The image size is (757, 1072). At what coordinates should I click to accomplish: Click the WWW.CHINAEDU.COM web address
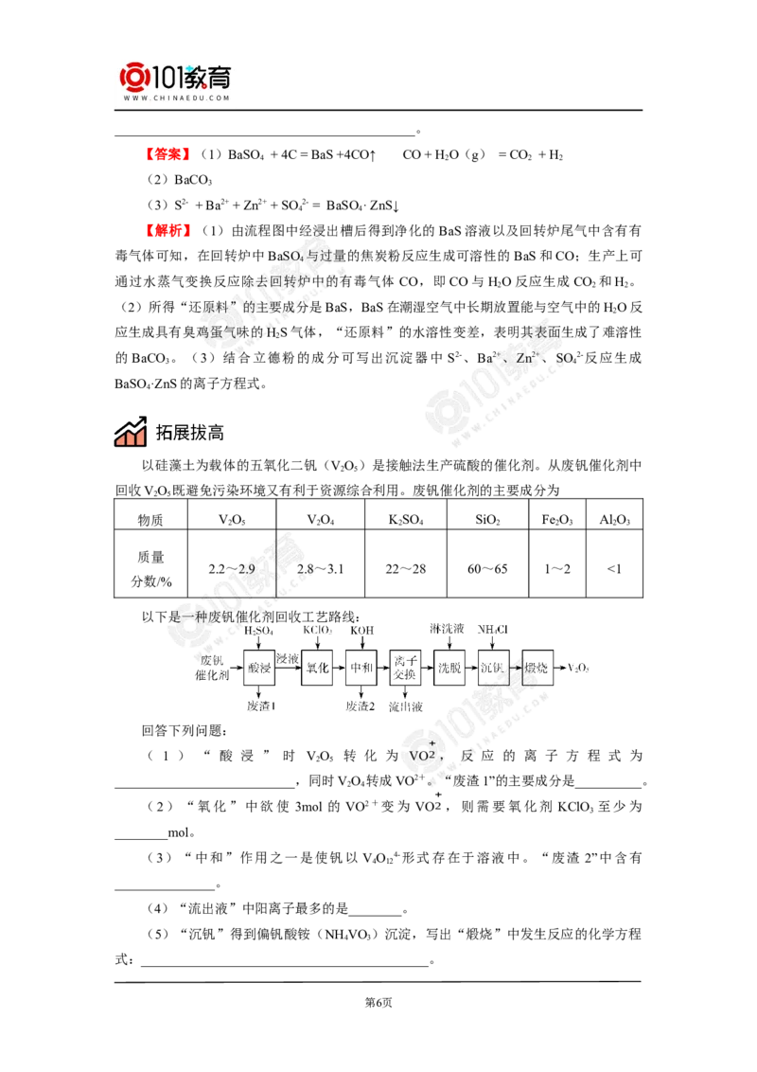click(x=177, y=97)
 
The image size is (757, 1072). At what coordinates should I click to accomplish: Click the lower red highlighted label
click(x=169, y=230)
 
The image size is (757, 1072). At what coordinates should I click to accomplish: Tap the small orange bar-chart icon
click(x=130, y=437)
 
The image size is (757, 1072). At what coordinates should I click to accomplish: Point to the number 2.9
click(x=247, y=569)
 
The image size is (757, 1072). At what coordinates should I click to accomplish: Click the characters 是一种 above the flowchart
click(x=185, y=616)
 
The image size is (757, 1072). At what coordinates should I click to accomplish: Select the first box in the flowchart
click(x=259, y=668)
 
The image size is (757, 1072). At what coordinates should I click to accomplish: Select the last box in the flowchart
click(x=537, y=668)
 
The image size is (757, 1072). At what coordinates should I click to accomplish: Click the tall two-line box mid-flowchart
click(x=405, y=667)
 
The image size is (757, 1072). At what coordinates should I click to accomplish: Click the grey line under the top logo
click(x=177, y=112)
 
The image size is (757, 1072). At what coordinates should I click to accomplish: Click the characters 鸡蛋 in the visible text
click(x=207, y=333)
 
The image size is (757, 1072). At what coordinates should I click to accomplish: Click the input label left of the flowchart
click(x=211, y=668)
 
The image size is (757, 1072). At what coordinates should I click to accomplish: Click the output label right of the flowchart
click(x=576, y=669)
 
